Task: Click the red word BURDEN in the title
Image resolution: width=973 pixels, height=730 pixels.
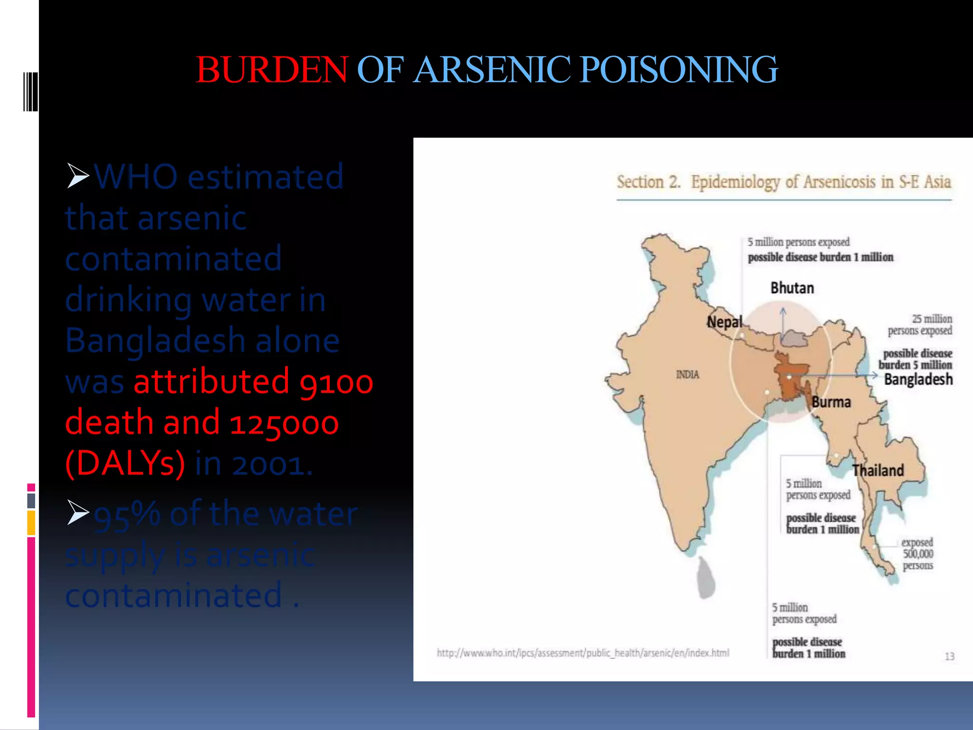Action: (x=272, y=70)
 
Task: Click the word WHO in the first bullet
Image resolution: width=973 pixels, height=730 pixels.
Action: (x=136, y=177)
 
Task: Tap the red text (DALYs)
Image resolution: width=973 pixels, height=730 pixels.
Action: (x=125, y=463)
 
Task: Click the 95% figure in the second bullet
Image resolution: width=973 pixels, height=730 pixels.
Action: (x=127, y=515)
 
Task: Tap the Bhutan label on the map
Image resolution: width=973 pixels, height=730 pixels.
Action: (x=792, y=288)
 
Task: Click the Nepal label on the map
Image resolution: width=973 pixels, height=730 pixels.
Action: (x=724, y=322)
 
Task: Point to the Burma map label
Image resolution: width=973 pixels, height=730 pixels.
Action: (x=831, y=402)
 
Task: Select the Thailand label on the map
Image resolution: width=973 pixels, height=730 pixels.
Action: (x=878, y=471)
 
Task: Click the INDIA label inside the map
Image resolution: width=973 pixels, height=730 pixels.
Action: (x=687, y=375)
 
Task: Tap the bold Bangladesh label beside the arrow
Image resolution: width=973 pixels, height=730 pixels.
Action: (x=918, y=379)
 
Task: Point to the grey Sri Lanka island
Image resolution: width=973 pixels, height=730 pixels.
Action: (x=706, y=578)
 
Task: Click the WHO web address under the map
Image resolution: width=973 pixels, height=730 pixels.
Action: (x=583, y=653)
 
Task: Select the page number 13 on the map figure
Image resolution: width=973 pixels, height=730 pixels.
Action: (x=949, y=656)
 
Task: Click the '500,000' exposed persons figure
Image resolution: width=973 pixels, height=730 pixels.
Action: (x=918, y=554)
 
